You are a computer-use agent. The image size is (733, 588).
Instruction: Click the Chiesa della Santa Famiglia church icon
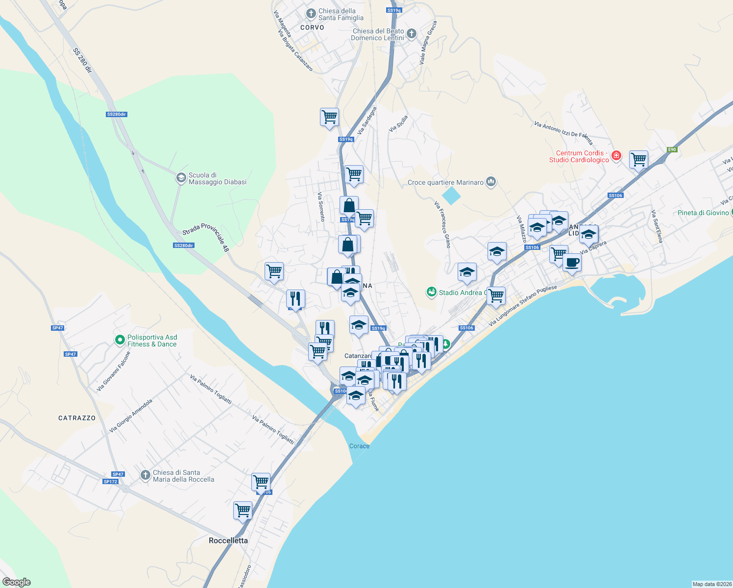(x=311, y=14)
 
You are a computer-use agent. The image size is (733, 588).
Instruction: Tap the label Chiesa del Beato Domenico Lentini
(x=378, y=34)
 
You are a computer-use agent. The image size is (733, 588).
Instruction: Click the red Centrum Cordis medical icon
(x=616, y=156)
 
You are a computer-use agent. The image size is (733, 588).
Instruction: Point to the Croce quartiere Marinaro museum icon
(x=491, y=182)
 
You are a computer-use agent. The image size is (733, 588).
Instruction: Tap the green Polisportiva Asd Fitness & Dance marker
(x=120, y=340)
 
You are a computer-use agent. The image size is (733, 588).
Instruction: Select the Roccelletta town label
(x=228, y=540)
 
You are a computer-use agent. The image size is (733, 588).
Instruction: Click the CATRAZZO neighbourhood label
(x=77, y=418)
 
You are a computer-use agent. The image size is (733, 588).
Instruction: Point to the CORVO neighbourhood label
(x=312, y=27)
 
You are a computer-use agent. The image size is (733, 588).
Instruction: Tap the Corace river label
(x=359, y=446)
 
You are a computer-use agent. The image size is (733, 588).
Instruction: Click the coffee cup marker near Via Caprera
(x=572, y=263)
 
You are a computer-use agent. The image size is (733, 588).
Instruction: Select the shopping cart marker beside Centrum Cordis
(x=638, y=159)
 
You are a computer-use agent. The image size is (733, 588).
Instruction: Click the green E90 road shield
(x=671, y=150)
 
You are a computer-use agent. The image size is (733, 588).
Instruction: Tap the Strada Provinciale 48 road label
(x=206, y=237)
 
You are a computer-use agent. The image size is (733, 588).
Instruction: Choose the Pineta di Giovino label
(x=703, y=213)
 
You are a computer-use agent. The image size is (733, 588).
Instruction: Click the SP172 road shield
(x=110, y=482)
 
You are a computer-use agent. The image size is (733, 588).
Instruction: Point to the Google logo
(x=17, y=582)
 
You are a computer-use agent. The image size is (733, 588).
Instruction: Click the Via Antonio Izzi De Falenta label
(x=563, y=133)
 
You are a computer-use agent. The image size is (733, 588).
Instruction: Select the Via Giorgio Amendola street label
(x=131, y=416)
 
